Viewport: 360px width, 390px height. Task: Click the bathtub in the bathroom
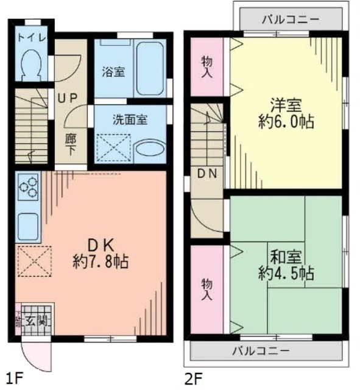click(149, 68)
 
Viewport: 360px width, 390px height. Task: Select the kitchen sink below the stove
click(28, 227)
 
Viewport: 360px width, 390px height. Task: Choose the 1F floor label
click(16, 378)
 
